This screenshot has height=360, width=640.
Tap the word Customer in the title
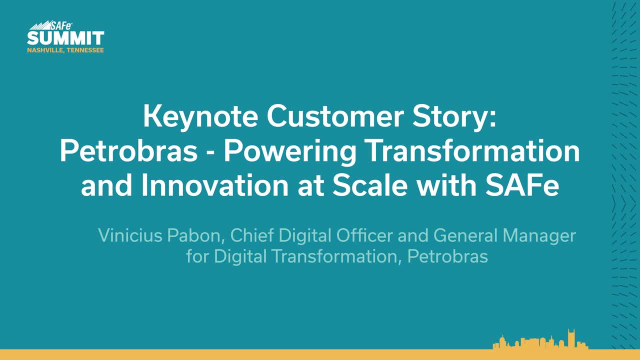[x=335, y=116]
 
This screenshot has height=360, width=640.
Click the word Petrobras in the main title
[x=128, y=151]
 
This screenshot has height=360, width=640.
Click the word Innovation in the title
[x=215, y=185]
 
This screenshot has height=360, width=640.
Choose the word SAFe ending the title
[x=522, y=185]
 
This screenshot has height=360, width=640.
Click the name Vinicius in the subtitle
[x=130, y=235]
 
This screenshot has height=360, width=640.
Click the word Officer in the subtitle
[x=364, y=235]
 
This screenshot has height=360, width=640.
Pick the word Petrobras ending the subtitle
[x=447, y=256]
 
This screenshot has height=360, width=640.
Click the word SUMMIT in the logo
[x=65, y=38]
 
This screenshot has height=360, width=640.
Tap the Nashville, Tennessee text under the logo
[x=65, y=50]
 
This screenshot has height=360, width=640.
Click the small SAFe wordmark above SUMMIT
[x=61, y=25]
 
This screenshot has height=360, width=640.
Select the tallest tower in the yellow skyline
[x=571, y=339]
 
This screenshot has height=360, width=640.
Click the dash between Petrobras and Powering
[x=210, y=152]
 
